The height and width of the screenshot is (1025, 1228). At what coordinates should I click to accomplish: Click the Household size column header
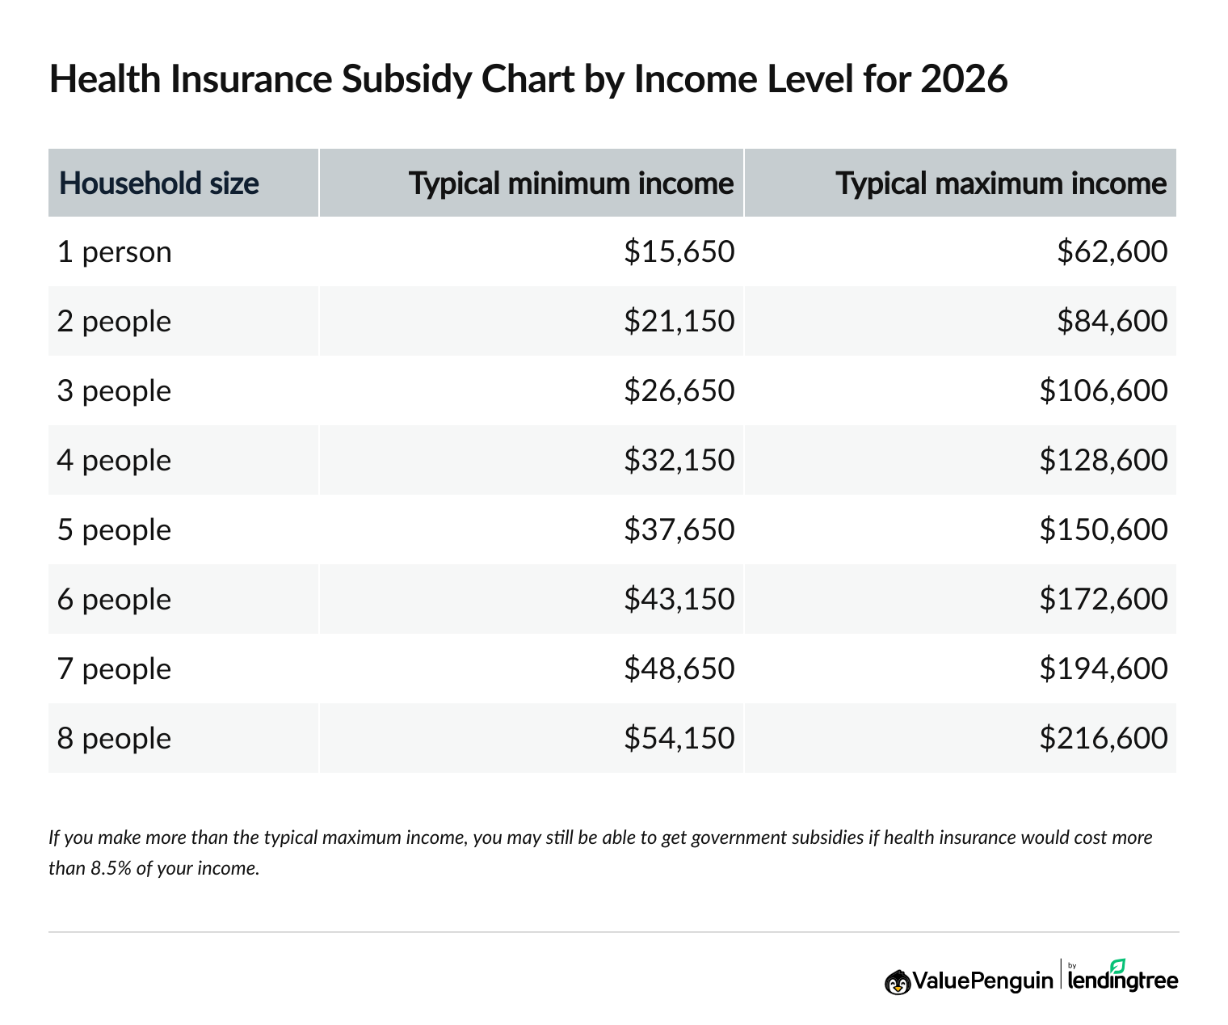pyautogui.click(x=159, y=183)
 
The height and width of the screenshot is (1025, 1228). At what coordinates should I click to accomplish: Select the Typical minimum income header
pyautogui.click(x=570, y=183)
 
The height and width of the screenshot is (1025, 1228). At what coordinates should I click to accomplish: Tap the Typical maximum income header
pyautogui.click(x=1001, y=183)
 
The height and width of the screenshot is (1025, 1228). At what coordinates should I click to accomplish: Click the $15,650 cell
pyautogui.click(x=679, y=252)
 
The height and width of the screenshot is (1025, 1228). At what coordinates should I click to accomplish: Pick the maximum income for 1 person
pyautogui.click(x=1112, y=252)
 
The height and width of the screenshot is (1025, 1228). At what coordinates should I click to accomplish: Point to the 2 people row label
pyautogui.click(x=114, y=322)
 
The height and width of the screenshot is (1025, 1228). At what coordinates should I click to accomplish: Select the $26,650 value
pyautogui.click(x=679, y=391)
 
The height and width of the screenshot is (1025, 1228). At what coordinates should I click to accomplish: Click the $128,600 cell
pyautogui.click(x=1103, y=461)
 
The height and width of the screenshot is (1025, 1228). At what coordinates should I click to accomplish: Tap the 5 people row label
pyautogui.click(x=114, y=530)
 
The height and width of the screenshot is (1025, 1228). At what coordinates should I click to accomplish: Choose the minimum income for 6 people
pyautogui.click(x=679, y=600)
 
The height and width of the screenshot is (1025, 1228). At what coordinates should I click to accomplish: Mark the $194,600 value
pyautogui.click(x=1103, y=669)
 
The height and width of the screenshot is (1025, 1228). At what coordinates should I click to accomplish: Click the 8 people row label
pyautogui.click(x=114, y=739)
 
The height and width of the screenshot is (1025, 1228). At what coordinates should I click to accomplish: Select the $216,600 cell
pyautogui.click(x=1103, y=739)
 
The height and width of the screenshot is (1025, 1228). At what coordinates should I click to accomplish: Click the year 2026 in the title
pyautogui.click(x=963, y=79)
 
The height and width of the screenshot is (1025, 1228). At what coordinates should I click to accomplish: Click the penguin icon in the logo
pyautogui.click(x=897, y=981)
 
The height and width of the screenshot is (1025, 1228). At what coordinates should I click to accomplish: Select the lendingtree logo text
pyautogui.click(x=1123, y=981)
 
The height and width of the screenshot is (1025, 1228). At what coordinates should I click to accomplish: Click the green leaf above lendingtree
pyautogui.click(x=1117, y=965)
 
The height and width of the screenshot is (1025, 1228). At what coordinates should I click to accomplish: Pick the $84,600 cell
pyautogui.click(x=1112, y=322)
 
